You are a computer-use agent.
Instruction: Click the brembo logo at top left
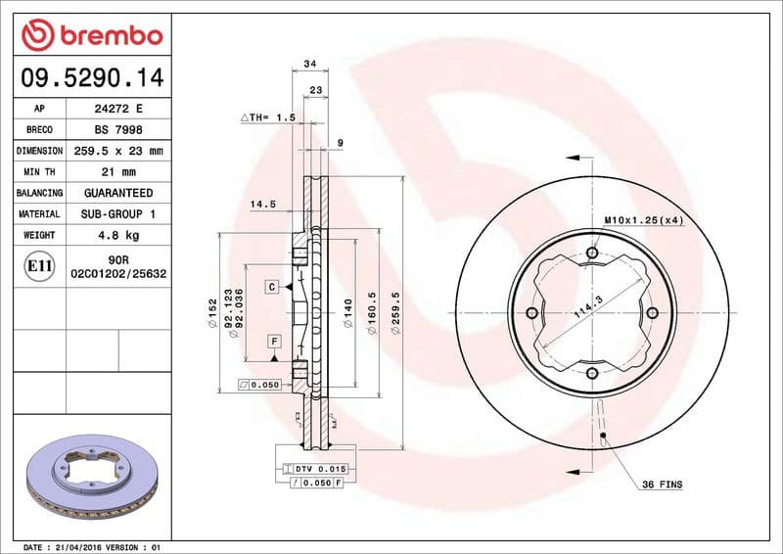tap(91, 36)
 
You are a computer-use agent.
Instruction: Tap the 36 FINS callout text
tap(663, 485)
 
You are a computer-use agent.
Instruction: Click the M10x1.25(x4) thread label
tap(643, 220)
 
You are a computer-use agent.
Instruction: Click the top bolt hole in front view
tap(591, 254)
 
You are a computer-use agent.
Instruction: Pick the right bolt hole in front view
tap(651, 313)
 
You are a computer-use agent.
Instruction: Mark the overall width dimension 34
tap(310, 64)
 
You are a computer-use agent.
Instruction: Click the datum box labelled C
tap(272, 287)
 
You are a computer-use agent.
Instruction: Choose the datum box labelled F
tap(275, 341)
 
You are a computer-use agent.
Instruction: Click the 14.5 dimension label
tap(261, 205)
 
